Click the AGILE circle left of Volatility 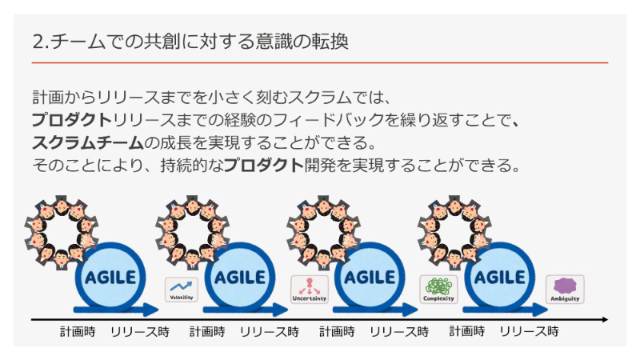tap(110, 278)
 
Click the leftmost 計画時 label tap(78, 331)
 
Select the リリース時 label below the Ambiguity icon tap(529, 331)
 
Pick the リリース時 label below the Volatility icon tap(139, 331)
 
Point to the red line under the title tap(320, 62)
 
